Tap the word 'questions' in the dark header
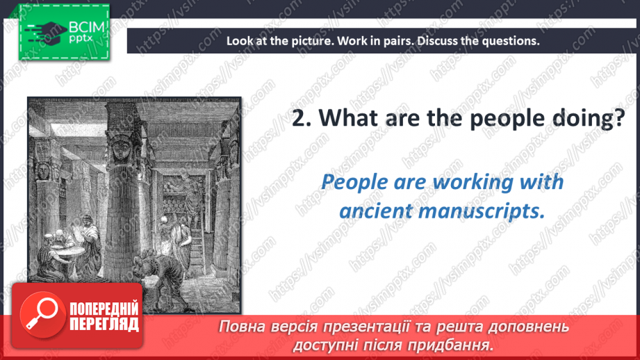click(x=510, y=41)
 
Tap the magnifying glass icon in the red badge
click(x=42, y=315)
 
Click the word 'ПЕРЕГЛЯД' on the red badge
click(x=104, y=325)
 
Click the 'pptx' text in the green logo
click(x=81, y=39)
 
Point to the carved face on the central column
click(x=122, y=149)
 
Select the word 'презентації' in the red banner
click(x=363, y=327)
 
